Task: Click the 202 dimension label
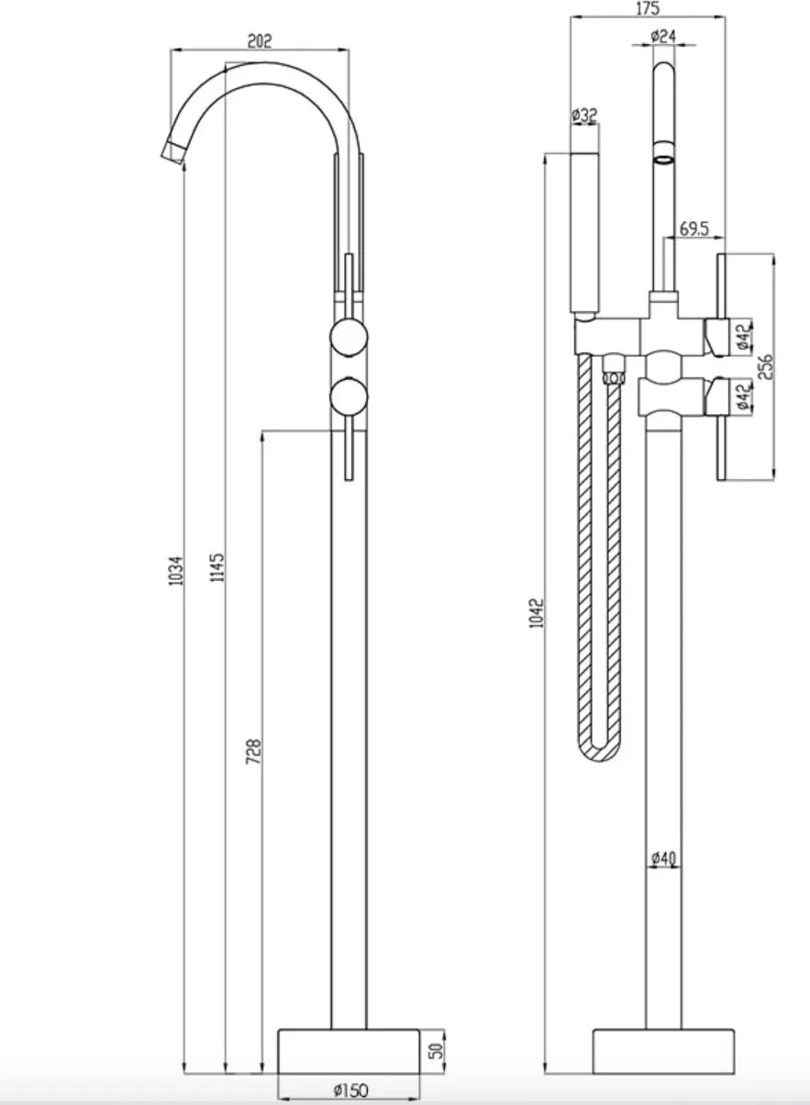click(260, 40)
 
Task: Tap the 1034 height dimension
click(176, 571)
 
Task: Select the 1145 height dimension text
click(217, 567)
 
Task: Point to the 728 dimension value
click(253, 752)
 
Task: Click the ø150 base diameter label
click(351, 1089)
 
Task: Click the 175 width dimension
click(648, 8)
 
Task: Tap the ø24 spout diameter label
click(663, 36)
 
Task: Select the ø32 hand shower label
click(584, 116)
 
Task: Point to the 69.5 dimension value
click(694, 229)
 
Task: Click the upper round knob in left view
click(350, 338)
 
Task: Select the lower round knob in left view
click(350, 396)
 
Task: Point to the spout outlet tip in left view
click(173, 153)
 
